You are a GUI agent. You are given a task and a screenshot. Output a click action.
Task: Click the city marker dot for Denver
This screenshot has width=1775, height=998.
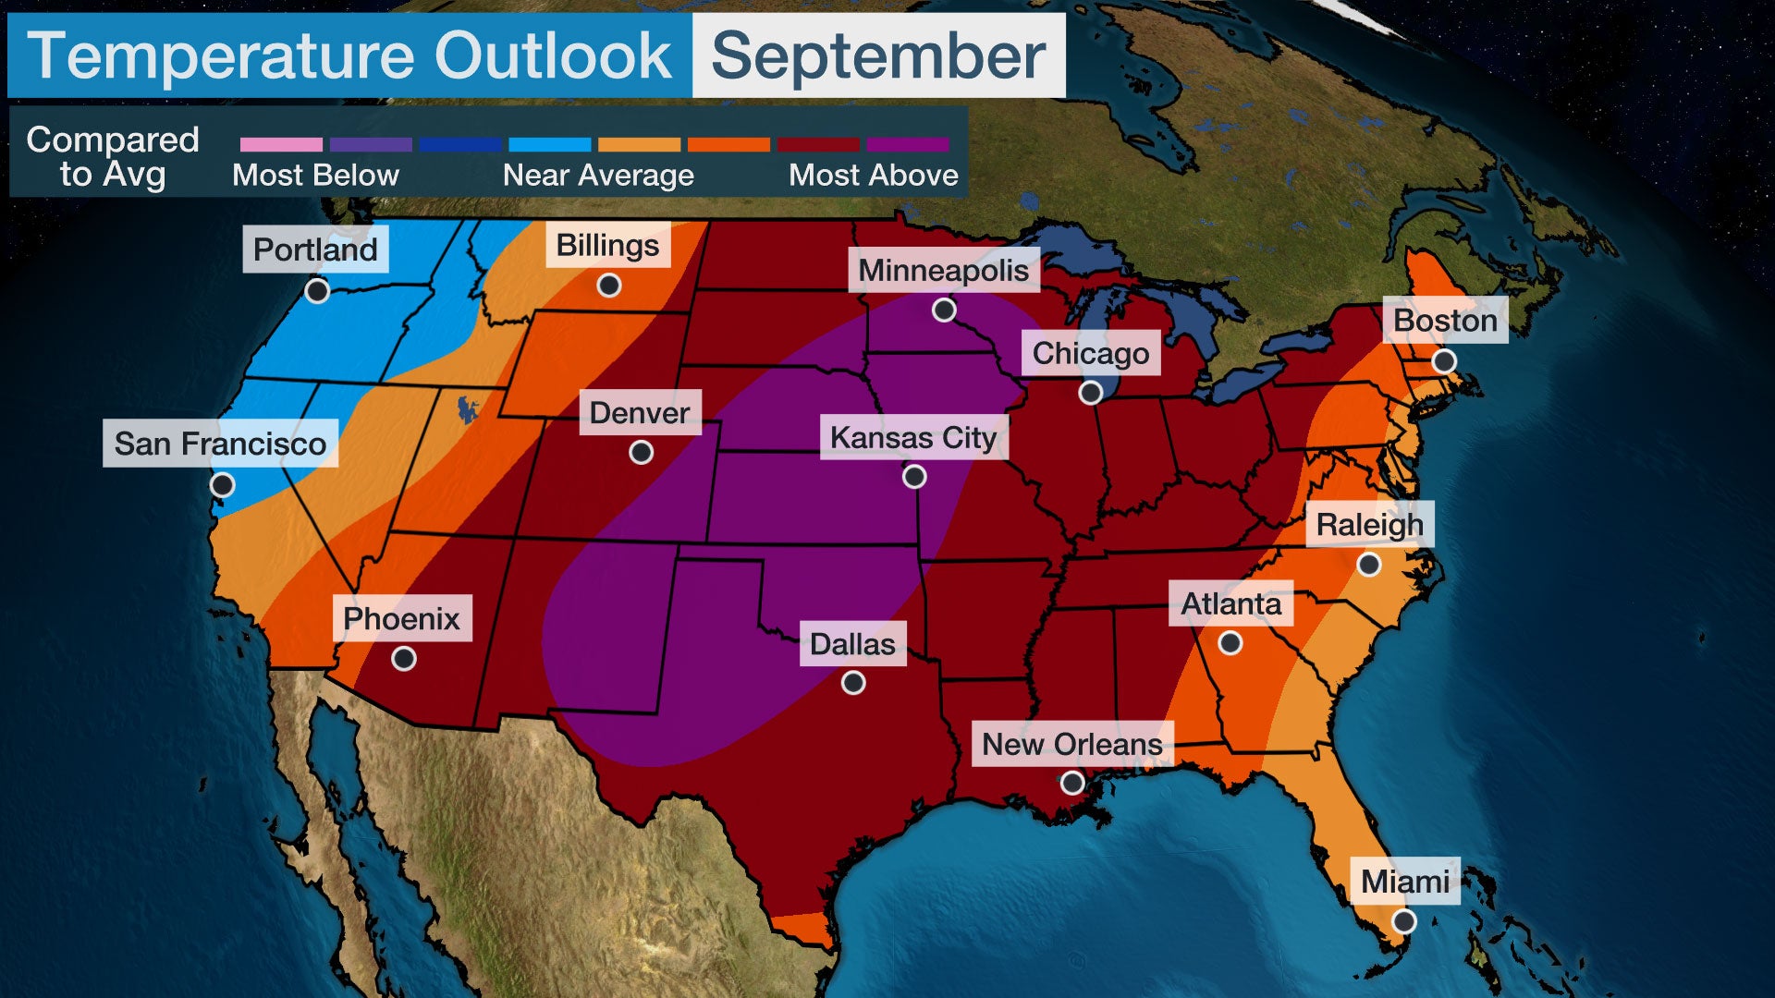641,452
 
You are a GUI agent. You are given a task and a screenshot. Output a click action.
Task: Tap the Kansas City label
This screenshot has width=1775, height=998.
913,437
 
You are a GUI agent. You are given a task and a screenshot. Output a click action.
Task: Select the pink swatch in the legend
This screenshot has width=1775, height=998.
281,144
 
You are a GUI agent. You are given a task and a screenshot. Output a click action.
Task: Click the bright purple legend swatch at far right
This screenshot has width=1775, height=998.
908,144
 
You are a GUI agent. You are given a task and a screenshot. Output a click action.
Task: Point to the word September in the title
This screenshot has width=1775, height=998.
878,56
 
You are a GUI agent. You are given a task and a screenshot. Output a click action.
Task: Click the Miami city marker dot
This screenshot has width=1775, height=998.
1403,920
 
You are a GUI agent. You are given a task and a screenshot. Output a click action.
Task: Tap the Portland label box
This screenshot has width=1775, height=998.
315,249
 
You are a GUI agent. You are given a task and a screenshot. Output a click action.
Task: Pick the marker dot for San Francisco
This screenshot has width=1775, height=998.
222,484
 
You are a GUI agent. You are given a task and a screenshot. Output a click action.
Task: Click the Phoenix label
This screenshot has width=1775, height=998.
401,618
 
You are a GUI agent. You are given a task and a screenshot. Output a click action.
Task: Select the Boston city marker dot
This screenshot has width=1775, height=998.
1444,361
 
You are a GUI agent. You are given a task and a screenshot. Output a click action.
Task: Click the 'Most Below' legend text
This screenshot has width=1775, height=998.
315,175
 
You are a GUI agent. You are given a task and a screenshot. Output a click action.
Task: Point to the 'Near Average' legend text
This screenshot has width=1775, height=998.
598,175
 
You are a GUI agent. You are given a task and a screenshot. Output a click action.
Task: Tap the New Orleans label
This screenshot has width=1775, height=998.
1071,744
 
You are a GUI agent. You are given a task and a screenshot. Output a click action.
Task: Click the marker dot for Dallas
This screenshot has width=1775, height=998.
853,683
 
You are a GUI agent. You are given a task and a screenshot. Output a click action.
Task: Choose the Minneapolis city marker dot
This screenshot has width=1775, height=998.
944,310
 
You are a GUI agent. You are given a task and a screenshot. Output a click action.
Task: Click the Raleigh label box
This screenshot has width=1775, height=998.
1369,524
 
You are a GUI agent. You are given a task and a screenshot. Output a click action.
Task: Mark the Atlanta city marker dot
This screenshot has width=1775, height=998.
1230,642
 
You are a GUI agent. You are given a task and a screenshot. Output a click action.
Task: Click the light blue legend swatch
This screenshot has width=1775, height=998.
550,144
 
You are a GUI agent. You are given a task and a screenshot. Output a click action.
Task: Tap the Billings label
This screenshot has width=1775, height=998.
607,245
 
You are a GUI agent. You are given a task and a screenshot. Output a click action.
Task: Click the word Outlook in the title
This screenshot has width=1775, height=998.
552,56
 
